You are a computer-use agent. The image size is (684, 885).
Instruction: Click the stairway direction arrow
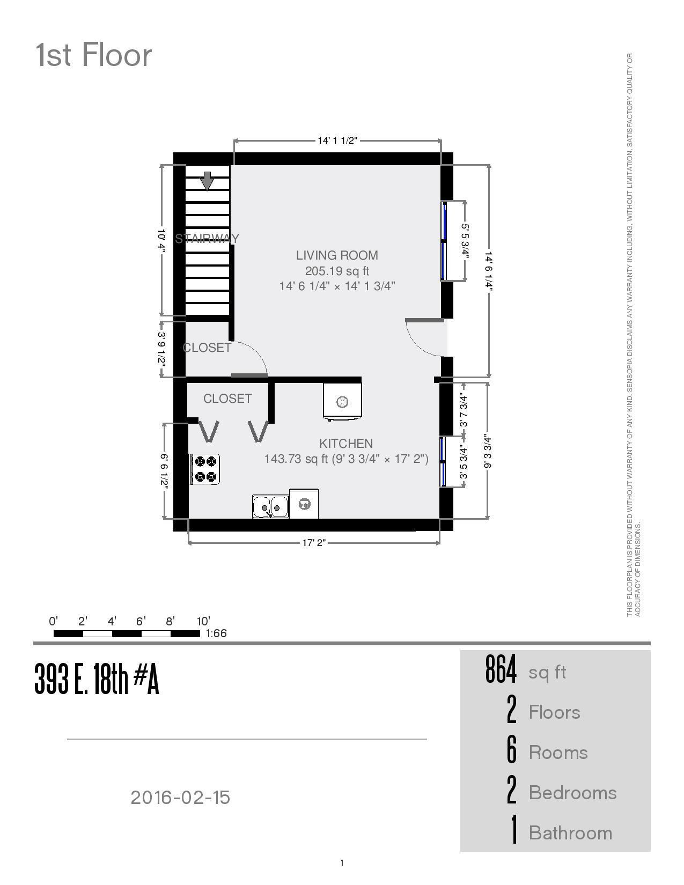tap(207, 181)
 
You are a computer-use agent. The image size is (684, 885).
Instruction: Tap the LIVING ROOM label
tap(337, 255)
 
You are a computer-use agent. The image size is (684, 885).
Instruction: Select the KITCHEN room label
tap(346, 444)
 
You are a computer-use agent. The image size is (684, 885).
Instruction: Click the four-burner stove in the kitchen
tap(205, 469)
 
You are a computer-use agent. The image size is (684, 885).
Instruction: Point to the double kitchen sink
tap(270, 506)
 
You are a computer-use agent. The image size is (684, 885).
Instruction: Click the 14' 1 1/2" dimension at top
tap(337, 141)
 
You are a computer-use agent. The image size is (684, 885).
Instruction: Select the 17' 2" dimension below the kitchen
tap(314, 543)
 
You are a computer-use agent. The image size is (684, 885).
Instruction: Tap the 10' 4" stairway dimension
tap(162, 240)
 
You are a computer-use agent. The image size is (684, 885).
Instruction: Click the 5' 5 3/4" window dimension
tap(465, 241)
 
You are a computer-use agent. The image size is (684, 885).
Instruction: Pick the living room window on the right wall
tap(444, 241)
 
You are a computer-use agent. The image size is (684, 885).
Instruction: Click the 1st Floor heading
tap(94, 55)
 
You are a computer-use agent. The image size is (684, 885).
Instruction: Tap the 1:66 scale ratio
tap(216, 633)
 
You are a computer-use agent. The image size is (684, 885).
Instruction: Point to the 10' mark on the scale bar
tap(203, 622)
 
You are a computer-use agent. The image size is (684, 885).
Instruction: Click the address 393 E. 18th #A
tap(97, 679)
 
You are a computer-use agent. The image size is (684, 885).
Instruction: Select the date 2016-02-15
tap(180, 798)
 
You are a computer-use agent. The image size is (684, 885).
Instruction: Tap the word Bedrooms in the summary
tap(572, 793)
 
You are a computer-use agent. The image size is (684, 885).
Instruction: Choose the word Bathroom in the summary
tap(570, 833)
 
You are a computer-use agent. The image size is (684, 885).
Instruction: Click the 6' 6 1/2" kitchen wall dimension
tap(164, 471)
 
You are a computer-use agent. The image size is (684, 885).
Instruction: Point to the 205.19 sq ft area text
tap(337, 271)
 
